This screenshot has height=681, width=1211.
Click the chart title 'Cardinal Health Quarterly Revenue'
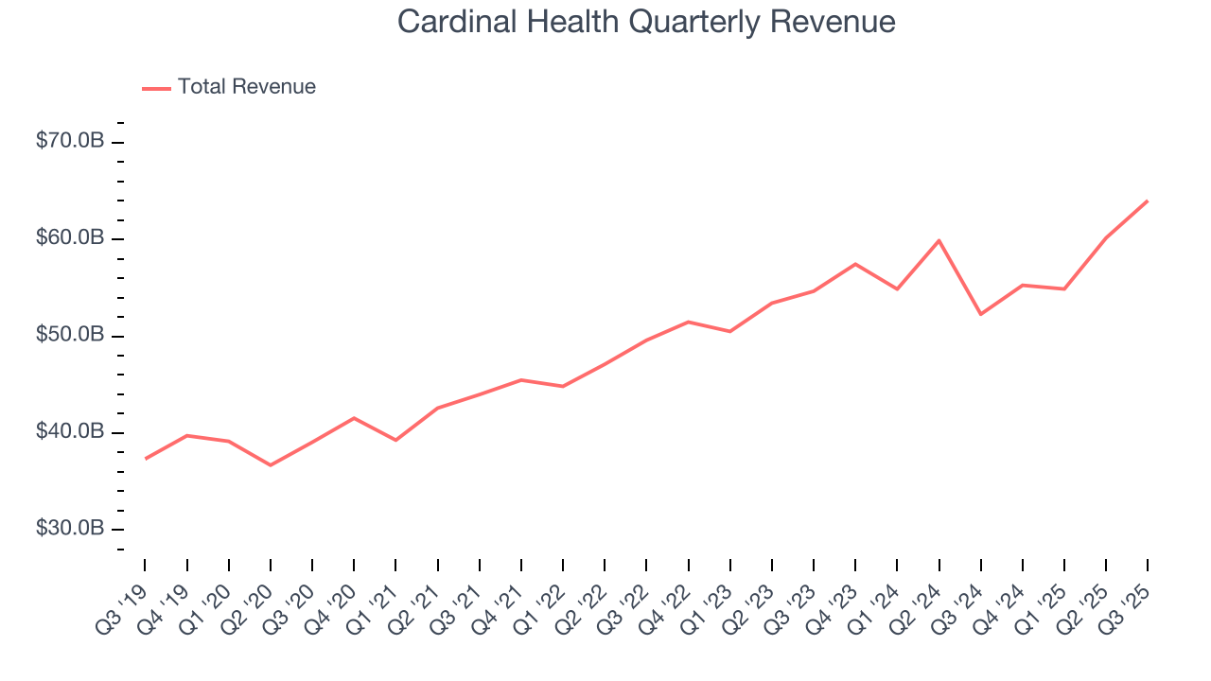point(646,22)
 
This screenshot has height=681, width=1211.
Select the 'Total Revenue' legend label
point(246,87)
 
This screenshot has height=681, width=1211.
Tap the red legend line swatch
point(156,88)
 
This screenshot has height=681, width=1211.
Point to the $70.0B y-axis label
point(70,141)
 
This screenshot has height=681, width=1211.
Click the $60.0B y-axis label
point(70,237)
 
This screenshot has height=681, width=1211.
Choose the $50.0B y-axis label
point(70,335)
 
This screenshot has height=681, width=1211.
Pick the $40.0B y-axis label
point(70,431)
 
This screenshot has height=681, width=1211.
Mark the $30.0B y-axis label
point(70,528)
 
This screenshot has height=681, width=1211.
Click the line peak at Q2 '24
point(939,240)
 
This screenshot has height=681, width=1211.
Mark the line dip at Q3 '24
point(980,314)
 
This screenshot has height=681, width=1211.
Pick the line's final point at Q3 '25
point(1148,201)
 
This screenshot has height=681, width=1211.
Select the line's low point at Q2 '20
point(271,465)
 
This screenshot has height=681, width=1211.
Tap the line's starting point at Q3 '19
point(145,459)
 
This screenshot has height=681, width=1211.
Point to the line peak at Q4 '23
point(855,264)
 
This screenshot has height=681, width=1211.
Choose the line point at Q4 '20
point(354,418)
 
